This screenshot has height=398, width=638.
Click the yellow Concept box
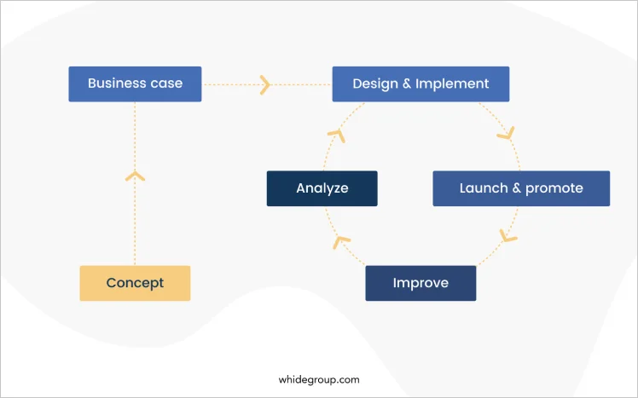[x=135, y=283]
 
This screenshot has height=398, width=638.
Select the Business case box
[x=135, y=84]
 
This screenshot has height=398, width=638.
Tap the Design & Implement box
[x=420, y=84]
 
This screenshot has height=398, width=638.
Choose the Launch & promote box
[x=521, y=188]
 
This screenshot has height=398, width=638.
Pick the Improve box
[x=420, y=283]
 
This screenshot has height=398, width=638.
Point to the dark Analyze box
[x=322, y=188]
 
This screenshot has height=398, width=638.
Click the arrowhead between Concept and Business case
[x=135, y=176]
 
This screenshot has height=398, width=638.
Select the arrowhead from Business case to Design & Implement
[x=265, y=85]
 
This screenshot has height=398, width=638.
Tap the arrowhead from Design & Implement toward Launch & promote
[x=507, y=133]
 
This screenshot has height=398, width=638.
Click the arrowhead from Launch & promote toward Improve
[x=507, y=236]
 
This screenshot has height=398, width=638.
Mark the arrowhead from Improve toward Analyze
[x=340, y=242]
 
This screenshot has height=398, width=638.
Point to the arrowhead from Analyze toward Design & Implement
[x=337, y=136]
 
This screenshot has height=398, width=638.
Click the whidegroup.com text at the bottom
[x=319, y=380]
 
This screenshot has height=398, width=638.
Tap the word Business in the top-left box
[x=116, y=83]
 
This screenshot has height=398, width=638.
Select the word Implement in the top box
[x=452, y=84]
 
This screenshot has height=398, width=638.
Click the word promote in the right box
[x=554, y=188]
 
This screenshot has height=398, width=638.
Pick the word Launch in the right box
[x=484, y=187]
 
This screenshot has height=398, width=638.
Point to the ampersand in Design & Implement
[x=407, y=84]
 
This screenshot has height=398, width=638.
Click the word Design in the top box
[x=375, y=84]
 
